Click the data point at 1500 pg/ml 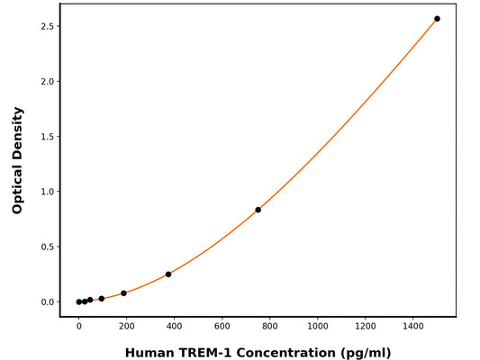[x=437, y=19]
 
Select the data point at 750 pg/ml [x=258, y=210]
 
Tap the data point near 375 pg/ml [x=168, y=274]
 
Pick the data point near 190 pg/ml [x=123, y=293]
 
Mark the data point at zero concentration [x=79, y=301]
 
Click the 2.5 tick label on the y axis [x=47, y=27]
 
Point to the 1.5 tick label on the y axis [x=47, y=137]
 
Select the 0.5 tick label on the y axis [x=47, y=247]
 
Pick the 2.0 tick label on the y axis [x=47, y=82]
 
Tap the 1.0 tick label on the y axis [x=47, y=192]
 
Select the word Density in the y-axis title [x=17, y=136]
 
